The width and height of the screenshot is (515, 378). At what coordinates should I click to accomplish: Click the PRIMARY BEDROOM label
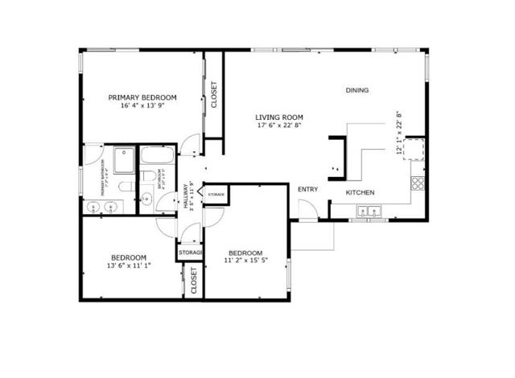142,97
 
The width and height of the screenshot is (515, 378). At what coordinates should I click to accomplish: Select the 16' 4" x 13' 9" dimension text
142,106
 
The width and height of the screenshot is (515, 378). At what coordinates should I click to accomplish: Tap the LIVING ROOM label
278,116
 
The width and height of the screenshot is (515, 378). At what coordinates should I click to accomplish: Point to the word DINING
357,90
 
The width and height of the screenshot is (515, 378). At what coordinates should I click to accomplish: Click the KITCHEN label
360,193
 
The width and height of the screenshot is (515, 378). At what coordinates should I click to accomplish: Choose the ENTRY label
307,190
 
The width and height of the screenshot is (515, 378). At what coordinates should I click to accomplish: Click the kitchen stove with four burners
418,183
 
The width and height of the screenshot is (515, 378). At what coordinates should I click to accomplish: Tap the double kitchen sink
369,212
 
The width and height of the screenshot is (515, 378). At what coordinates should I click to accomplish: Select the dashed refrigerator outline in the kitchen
413,149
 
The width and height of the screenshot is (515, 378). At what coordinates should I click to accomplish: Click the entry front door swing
308,209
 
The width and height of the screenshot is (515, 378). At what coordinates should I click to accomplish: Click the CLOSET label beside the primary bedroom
213,95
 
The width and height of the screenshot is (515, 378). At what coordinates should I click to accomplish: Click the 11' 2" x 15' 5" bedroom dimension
247,260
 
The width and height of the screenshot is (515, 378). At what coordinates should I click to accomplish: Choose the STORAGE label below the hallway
190,253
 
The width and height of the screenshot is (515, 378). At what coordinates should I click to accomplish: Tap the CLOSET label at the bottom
194,280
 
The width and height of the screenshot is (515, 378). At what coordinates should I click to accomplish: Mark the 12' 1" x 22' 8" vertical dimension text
398,131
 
